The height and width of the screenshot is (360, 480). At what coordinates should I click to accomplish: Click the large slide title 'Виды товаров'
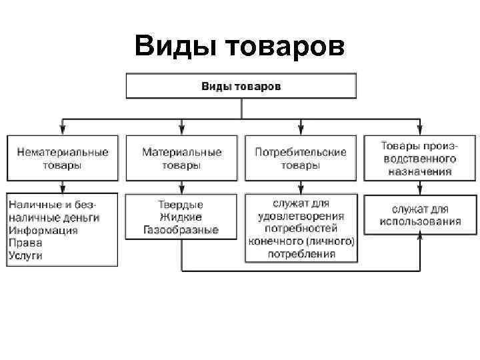point(239,47)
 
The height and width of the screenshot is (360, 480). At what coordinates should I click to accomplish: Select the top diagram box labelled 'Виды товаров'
point(241,86)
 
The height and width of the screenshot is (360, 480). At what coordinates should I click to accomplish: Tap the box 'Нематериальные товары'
point(63,158)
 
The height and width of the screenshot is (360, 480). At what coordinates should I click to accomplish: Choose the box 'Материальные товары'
point(181,158)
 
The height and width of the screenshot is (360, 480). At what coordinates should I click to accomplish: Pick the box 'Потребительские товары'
point(301,158)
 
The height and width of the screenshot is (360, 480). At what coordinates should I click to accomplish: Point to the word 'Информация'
point(43,230)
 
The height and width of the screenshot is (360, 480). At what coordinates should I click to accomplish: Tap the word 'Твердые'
point(181,205)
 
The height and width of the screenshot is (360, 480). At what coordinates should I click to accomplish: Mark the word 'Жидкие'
point(181,217)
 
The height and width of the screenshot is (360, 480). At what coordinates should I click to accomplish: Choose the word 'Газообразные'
point(181,230)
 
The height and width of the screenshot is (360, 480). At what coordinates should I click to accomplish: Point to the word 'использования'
point(420,221)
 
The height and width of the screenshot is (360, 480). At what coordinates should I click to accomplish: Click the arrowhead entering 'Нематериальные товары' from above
point(63,130)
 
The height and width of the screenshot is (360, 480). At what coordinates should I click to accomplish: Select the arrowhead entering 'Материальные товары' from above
point(181,130)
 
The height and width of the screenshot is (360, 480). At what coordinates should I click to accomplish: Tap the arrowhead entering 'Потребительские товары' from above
point(301,130)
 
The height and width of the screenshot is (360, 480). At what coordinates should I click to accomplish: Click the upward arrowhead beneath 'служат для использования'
point(419,235)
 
